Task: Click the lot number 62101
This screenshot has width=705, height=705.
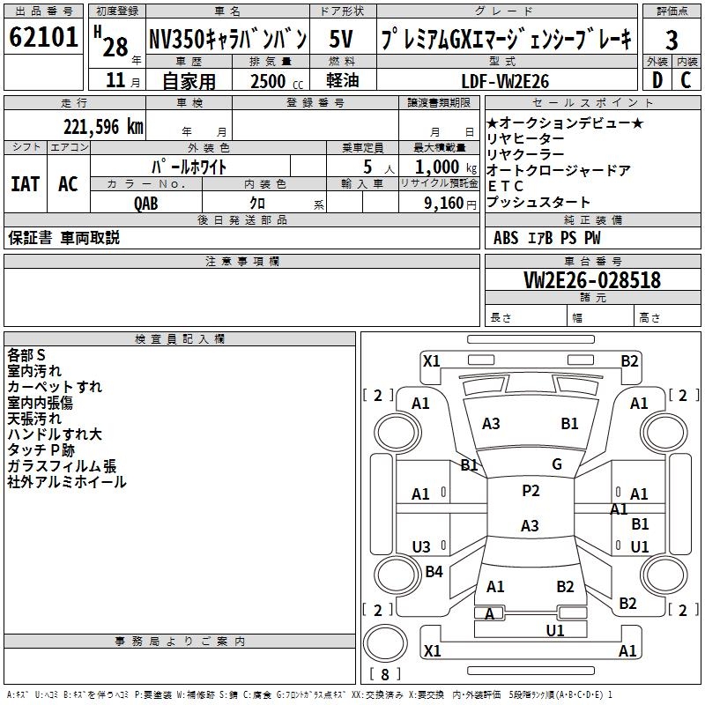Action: pos(43,38)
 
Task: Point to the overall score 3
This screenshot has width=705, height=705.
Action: pos(672,40)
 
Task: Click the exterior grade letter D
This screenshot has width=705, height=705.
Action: pos(657,80)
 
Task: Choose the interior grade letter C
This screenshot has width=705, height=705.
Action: pos(686,80)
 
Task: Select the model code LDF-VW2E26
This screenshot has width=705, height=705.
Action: pos(505,81)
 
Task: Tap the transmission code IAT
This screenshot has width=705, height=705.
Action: pos(25,184)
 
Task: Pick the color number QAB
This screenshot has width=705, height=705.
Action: pos(146,203)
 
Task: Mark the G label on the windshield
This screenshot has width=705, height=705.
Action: pos(557,464)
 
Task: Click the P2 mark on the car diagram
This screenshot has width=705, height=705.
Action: pos(531,491)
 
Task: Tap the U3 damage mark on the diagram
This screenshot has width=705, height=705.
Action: pos(421,546)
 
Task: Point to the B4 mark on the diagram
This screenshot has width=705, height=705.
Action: pos(434,572)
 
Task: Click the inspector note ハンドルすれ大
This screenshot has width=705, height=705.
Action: pos(55,434)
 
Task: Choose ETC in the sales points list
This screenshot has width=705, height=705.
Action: pos(505,186)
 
